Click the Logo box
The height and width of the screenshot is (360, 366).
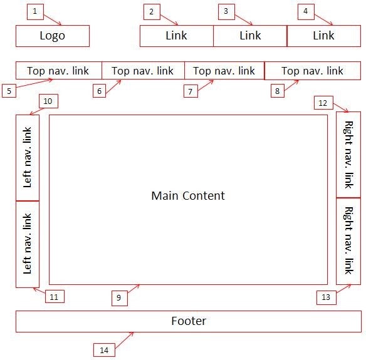click(x=53, y=36)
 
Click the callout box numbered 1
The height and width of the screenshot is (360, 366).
click(x=35, y=11)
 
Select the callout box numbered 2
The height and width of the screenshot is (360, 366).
click(x=150, y=11)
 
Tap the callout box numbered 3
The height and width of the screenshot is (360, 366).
click(x=226, y=11)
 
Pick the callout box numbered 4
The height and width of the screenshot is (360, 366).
click(x=305, y=11)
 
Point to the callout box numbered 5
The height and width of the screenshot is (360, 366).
click(x=9, y=91)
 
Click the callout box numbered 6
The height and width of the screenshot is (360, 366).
click(x=99, y=91)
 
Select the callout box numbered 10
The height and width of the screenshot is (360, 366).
click(x=48, y=100)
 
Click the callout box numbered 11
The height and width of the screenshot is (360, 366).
click(x=54, y=297)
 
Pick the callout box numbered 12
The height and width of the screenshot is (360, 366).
click(x=322, y=102)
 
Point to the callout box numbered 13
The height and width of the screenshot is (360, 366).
click(x=325, y=297)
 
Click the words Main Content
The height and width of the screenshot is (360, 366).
click(x=188, y=196)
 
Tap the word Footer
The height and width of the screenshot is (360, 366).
click(x=189, y=321)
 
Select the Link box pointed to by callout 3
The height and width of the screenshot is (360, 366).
click(x=250, y=36)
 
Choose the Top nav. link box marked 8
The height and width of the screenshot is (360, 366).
click(x=312, y=71)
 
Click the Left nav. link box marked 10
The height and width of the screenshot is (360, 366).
click(x=28, y=157)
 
